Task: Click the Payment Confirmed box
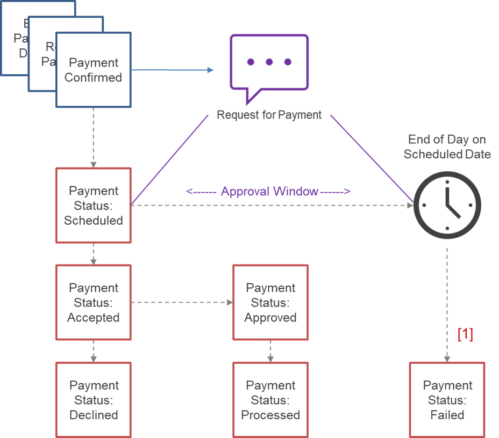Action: tap(94, 70)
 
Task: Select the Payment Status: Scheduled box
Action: tap(94, 205)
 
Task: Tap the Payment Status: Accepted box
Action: tap(94, 302)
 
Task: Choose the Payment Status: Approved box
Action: tap(270, 302)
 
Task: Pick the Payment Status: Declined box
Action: tap(94, 400)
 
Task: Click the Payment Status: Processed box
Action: tap(270, 400)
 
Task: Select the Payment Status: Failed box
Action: tap(447, 400)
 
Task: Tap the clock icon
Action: tap(446, 205)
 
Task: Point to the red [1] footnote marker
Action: tap(465, 335)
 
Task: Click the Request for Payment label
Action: tap(269, 114)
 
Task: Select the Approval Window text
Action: tap(269, 192)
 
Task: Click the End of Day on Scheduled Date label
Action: tap(447, 147)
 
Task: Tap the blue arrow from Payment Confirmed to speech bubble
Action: tap(172, 70)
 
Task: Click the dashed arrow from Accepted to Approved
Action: tap(182, 302)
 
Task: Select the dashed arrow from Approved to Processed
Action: tap(270, 351)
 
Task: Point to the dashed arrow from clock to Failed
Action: tap(447, 303)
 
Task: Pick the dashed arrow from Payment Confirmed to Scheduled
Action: tap(94, 137)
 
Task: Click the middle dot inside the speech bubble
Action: tap(269, 62)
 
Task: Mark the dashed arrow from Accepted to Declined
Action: tap(94, 351)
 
